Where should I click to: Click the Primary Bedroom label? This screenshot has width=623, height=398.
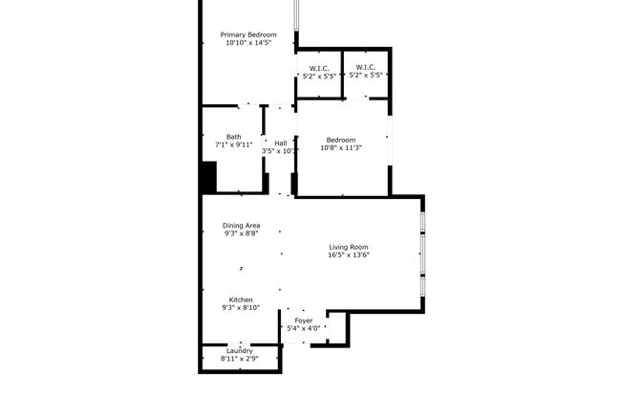pos(248,34)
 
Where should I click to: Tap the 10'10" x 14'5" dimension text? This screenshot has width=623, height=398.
pos(248,43)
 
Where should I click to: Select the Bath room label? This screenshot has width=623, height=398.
pos(233,136)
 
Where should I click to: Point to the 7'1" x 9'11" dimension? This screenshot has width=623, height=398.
pos(233,144)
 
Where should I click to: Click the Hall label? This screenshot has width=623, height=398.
pos(281,143)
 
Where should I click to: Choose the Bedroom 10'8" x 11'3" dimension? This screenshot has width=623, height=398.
pos(342,147)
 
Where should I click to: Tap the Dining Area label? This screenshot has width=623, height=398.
pos(241,226)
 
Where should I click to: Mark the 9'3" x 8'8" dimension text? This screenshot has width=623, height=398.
pos(241,233)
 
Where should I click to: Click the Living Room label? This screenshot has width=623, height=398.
pos(349,246)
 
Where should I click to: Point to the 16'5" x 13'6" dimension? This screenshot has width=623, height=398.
pos(349,254)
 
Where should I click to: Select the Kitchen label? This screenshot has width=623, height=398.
pos(240,299)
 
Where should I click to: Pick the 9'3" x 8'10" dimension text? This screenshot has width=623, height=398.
pos(240,308)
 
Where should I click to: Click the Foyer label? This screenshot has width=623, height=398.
pos(303,321)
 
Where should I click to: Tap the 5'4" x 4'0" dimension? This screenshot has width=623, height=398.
pos(303,329)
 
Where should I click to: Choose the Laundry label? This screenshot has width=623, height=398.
pos(239,350)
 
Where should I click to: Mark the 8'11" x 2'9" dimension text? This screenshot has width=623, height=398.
pos(239,358)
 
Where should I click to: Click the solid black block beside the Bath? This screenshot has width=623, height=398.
pos(208,178)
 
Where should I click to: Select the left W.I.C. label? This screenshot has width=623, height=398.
pos(318,67)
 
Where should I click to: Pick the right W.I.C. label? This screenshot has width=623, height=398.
pos(364,67)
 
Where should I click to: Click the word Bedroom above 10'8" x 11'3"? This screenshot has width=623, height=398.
pos(342,139)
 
